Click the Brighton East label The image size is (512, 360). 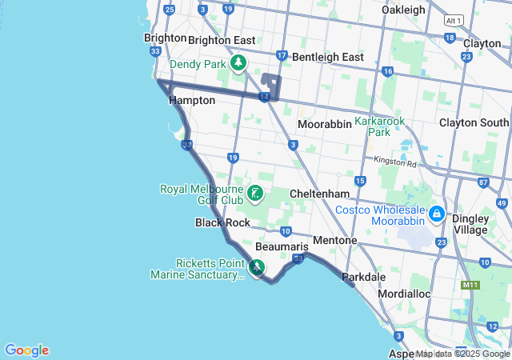pyautogui.click(x=222, y=40)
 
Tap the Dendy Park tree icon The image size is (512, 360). pyautogui.click(x=238, y=63)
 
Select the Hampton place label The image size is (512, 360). pyautogui.click(x=192, y=101)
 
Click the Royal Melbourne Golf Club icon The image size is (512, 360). pyautogui.click(x=255, y=193)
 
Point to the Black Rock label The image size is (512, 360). pyautogui.click(x=222, y=222)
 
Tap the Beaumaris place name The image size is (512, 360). pyautogui.click(x=282, y=248)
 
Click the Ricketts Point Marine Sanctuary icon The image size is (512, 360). pyautogui.click(x=258, y=267)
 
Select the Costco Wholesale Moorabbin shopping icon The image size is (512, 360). pyautogui.click(x=437, y=214)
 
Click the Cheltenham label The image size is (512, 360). pyautogui.click(x=319, y=194)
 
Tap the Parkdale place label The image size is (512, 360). pyautogui.click(x=364, y=277)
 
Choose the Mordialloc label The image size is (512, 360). pyautogui.click(x=404, y=294)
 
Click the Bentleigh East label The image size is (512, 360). pyautogui.click(x=328, y=57)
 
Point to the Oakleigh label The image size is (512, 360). pyautogui.click(x=404, y=10)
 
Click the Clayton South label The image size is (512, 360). pyautogui.click(x=474, y=122)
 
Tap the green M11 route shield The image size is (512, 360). pyautogui.click(x=470, y=285)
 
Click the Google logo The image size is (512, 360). pyautogui.click(x=26, y=350)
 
